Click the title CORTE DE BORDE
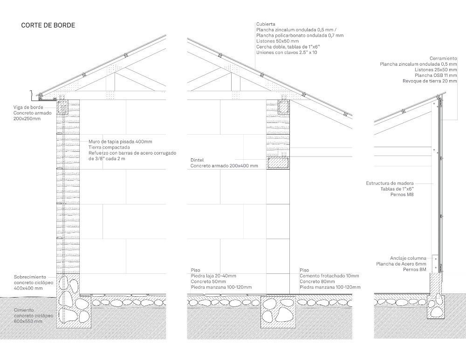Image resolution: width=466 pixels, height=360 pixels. pyautogui.click(x=48, y=25)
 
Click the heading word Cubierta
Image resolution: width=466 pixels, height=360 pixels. pyautogui.click(x=266, y=23)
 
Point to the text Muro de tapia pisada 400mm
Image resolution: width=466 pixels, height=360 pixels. pyautogui.click(x=120, y=142)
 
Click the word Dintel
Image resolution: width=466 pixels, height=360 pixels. pyautogui.click(x=197, y=160)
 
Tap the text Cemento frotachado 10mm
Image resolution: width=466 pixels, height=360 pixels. pyautogui.click(x=329, y=276)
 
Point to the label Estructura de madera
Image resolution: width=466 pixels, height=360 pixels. pyautogui.click(x=390, y=183)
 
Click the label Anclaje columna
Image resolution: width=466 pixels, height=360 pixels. pyautogui.click(x=408, y=258)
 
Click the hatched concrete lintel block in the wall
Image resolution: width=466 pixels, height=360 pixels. pyautogui.click(x=278, y=163)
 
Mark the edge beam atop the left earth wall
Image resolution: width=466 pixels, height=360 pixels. pyautogui.click(x=62, y=107)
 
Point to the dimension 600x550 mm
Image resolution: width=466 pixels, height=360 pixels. pyautogui.click(x=28, y=321)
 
